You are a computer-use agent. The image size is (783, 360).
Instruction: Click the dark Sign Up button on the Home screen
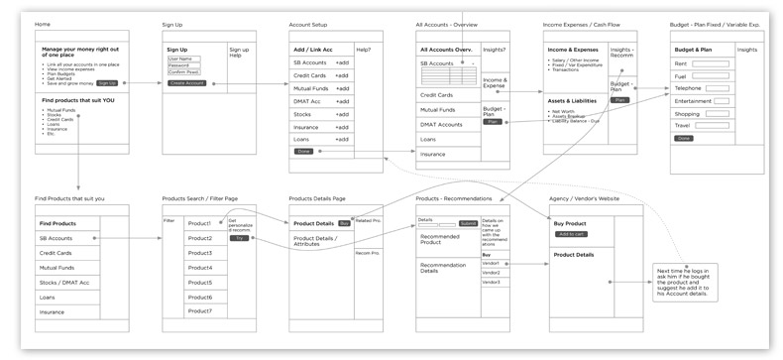107,83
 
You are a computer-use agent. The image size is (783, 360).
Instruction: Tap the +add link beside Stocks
341,114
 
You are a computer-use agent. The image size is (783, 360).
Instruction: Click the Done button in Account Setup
303,151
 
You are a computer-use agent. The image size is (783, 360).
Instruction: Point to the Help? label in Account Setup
364,49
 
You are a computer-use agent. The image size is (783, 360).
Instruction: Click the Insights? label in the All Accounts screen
494,48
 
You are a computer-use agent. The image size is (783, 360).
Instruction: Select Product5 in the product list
200,282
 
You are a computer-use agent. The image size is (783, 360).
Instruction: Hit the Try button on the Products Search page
239,238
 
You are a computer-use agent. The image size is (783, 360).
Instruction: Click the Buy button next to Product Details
344,223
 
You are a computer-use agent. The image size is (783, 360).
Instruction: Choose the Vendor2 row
492,273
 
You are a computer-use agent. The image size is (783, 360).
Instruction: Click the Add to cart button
572,234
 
